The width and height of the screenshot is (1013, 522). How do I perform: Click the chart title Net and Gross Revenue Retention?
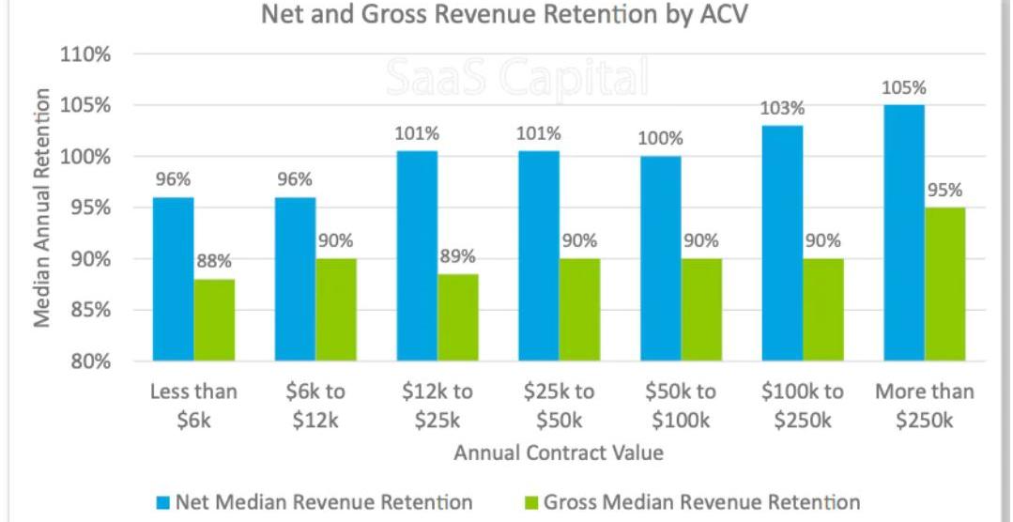(505, 16)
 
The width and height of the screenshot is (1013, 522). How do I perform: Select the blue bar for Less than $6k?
(174, 279)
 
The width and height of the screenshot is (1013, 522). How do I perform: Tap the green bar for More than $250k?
(945, 284)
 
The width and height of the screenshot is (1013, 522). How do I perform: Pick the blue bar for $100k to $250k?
(783, 243)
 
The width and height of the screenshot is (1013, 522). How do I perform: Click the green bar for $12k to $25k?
(457, 317)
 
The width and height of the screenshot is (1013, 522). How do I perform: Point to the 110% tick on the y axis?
(85, 54)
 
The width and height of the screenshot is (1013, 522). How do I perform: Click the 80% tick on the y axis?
(89, 361)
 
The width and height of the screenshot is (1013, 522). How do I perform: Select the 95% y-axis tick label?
(89, 208)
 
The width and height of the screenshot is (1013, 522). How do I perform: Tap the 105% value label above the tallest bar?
(904, 88)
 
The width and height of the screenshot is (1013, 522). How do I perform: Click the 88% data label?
(214, 261)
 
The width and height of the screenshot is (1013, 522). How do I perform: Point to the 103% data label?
(783, 108)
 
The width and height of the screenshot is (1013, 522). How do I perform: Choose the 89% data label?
(457, 255)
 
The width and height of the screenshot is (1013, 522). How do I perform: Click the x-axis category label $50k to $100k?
(681, 406)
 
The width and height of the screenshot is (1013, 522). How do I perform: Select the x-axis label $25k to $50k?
(560, 406)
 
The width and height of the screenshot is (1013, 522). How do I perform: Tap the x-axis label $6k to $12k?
(315, 406)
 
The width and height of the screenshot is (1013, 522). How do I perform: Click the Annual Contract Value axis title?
(559, 453)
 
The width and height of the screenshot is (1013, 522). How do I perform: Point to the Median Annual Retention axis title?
(42, 207)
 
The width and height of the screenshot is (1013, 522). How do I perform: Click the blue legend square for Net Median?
(161, 503)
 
